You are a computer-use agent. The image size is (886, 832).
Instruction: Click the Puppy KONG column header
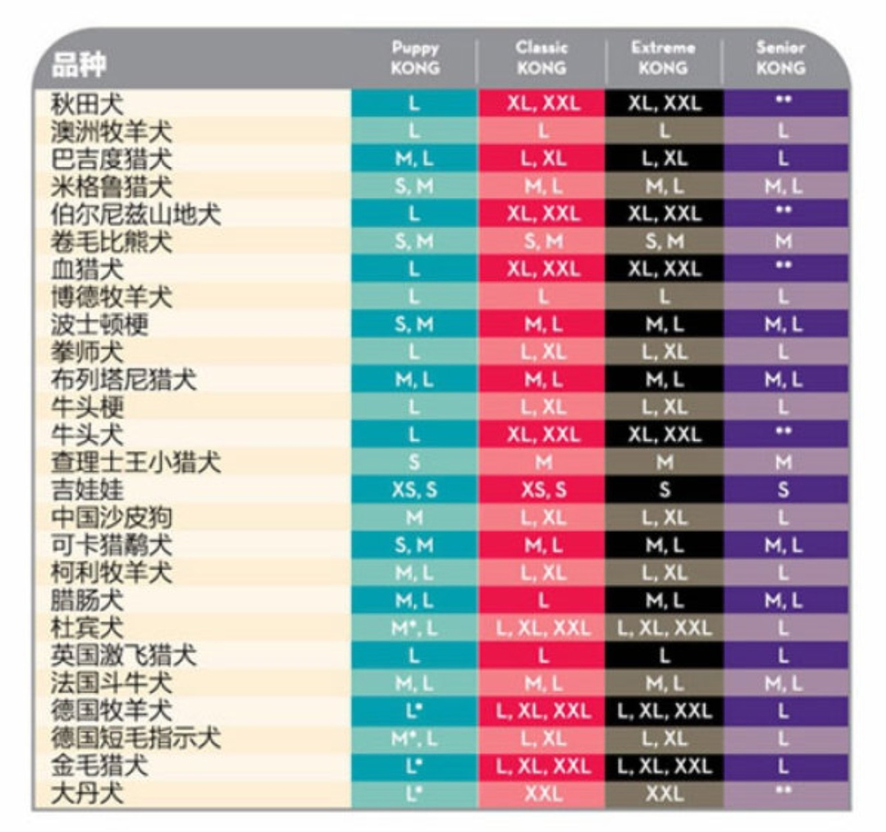pyautogui.click(x=414, y=58)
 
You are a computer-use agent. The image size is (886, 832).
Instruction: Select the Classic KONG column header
pyautogui.click(x=541, y=58)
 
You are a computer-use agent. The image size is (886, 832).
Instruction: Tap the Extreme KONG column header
pyautogui.click(x=663, y=58)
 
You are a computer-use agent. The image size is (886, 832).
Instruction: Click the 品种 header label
pyautogui.click(x=80, y=65)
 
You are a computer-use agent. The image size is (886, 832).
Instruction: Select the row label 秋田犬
pyautogui.click(x=88, y=103)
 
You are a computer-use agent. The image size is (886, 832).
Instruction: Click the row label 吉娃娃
pyautogui.click(x=88, y=490)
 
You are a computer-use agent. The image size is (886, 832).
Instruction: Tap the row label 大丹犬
pyautogui.click(x=88, y=793)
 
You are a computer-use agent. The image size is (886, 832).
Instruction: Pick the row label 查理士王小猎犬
pyautogui.click(x=136, y=462)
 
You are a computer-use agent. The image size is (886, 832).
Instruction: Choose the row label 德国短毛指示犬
pyautogui.click(x=136, y=738)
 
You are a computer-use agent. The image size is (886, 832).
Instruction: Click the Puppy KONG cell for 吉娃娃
pyautogui.click(x=414, y=490)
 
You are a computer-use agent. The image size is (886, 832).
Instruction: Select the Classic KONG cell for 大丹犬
pyautogui.click(x=541, y=793)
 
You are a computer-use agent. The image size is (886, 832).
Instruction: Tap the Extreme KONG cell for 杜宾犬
pyautogui.click(x=664, y=629)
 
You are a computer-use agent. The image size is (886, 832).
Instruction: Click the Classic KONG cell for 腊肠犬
pyautogui.click(x=541, y=601)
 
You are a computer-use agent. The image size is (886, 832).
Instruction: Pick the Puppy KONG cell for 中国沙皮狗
pyautogui.click(x=414, y=518)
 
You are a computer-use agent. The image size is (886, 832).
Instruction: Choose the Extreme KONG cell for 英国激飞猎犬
pyautogui.click(x=664, y=656)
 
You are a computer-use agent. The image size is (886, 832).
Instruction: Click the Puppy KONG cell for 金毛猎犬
pyautogui.click(x=414, y=766)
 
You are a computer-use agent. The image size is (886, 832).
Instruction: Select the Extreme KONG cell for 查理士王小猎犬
pyautogui.click(x=664, y=462)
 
